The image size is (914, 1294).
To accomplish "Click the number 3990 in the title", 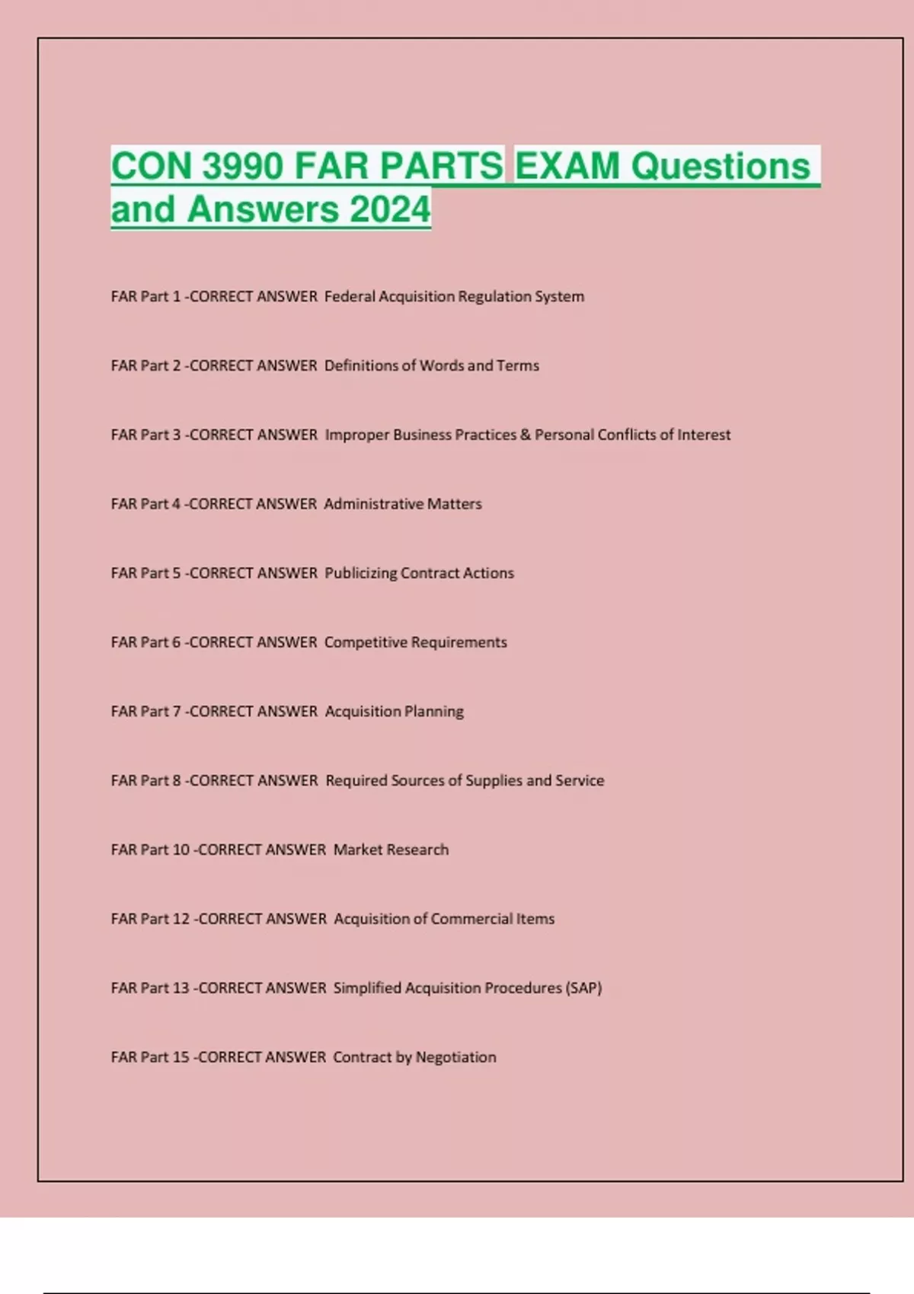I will (243, 166).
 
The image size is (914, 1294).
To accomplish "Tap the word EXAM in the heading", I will (567, 166).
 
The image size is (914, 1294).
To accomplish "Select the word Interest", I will (704, 435).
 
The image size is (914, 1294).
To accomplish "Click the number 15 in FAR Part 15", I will (181, 1057).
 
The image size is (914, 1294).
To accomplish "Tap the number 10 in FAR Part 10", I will (181, 849).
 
